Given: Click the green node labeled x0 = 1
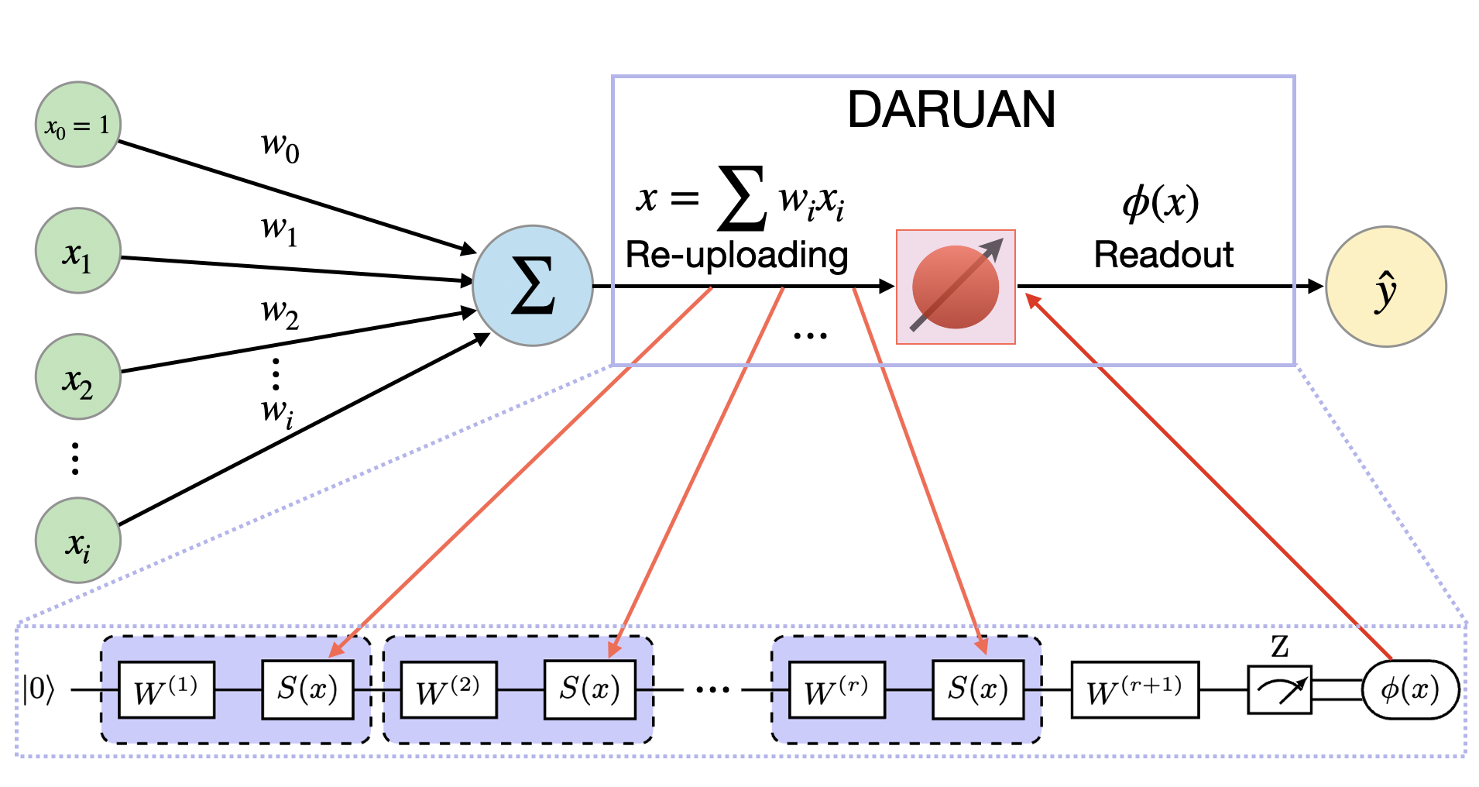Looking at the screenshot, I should pos(77,124).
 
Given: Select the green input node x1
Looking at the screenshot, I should pos(77,250).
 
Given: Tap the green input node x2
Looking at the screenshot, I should pos(77,376).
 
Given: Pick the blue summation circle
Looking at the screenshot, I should pos(533,286).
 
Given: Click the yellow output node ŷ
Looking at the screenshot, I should pos(1386,287).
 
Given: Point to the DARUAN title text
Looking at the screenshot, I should pos(951,109).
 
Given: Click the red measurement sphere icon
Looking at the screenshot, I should pos(956,287).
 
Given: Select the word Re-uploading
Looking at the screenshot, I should pos(736,255).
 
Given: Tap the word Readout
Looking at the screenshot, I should pos(1163,255).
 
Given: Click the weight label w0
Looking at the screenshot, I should pos(280,145).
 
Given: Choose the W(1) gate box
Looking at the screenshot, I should pos(166,689).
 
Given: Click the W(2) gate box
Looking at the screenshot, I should pos(448,689).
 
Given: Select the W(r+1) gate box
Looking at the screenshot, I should pos(1134,689).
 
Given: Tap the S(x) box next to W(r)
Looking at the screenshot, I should pos(978,689).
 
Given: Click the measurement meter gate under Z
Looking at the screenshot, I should pos(1279,689).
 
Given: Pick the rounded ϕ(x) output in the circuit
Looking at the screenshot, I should pos(1410,689).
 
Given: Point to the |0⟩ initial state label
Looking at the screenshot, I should pos(39,689).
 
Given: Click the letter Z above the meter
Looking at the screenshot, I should pos(1279,646).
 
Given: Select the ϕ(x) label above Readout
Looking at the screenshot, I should pos(1161,204).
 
